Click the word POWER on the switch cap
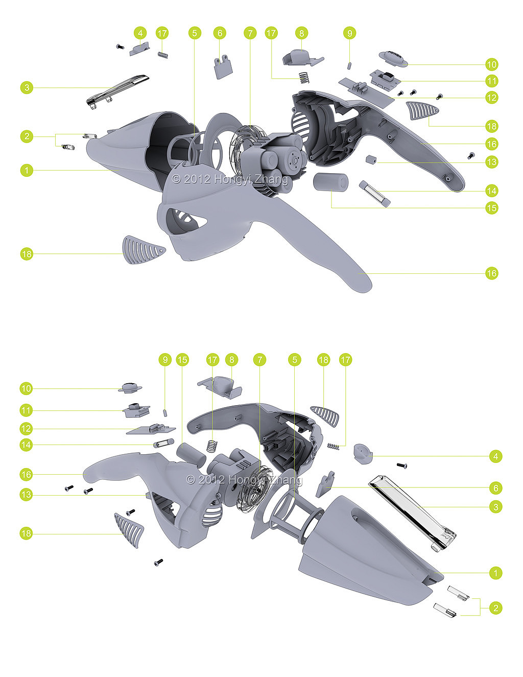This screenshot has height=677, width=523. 394,56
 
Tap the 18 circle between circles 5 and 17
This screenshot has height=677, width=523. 323,360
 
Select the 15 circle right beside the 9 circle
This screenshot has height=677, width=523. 182,360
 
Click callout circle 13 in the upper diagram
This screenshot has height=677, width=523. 491,162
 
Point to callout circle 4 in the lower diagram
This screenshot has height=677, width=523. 496,456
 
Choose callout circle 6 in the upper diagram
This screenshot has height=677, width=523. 220,33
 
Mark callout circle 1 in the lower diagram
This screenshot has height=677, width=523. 496,573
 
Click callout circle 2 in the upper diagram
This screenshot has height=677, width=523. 27,136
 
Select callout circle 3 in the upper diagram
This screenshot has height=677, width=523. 27,87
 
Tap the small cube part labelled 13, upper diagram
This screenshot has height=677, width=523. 371,159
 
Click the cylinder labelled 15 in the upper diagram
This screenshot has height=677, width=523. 330,182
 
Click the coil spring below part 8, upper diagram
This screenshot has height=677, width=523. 304,78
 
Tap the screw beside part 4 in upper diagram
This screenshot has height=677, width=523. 120,46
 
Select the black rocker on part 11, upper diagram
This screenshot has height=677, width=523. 387,75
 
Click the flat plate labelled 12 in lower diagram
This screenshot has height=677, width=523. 151,430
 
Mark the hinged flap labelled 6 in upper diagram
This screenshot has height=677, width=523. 223,67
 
